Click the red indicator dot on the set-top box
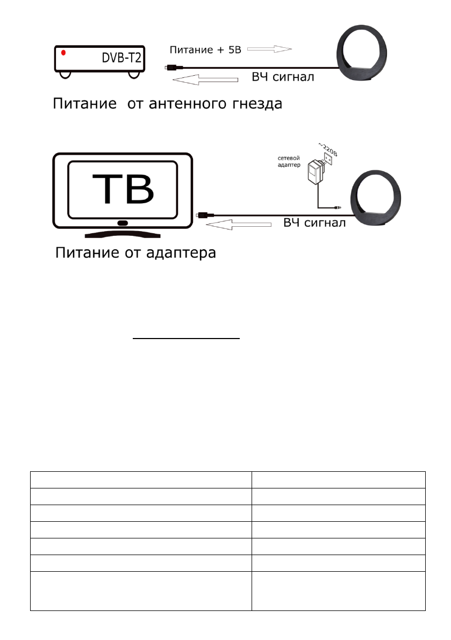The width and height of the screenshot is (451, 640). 63,53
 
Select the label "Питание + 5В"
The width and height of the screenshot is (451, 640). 206,50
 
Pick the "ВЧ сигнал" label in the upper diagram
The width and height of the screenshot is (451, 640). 283,77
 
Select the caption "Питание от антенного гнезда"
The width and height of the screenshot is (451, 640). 167,103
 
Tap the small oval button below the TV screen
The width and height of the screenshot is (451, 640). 123,223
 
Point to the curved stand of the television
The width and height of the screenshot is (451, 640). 123,235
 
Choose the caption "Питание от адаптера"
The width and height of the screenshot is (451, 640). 135,253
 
